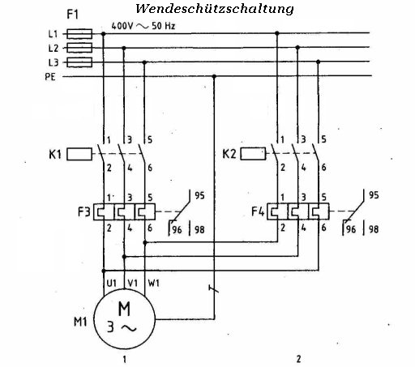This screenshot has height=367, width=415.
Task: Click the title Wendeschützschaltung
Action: point(215,10)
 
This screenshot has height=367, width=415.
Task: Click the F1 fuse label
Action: point(80,14)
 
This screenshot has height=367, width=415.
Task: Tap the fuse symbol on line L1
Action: point(80,34)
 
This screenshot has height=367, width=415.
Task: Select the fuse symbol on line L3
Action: point(80,62)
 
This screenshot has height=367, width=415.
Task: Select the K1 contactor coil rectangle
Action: point(81,151)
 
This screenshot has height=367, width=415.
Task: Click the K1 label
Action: point(55,151)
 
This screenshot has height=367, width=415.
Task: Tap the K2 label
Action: point(229,151)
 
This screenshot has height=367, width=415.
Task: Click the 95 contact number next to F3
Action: point(199,194)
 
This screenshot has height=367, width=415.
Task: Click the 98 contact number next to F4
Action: point(374,230)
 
